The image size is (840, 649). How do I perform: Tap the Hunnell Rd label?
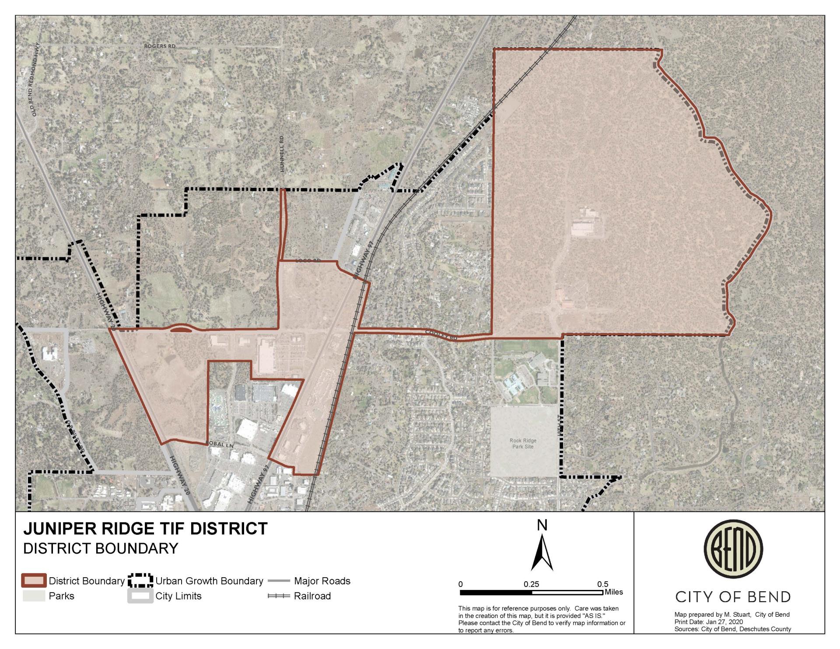282,154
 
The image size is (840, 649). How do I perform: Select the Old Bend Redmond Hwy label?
35,79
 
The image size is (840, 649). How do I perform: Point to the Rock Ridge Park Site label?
523,444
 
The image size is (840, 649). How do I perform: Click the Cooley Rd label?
442,336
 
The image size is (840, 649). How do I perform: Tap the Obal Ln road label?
222,445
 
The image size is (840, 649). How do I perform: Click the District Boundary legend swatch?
34,581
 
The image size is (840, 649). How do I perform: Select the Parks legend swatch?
34,596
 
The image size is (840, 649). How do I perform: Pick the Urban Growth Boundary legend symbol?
140,581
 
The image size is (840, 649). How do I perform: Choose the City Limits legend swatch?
140,596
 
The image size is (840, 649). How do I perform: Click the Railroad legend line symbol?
279,596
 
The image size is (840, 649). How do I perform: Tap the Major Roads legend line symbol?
279,581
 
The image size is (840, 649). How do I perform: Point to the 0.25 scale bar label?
532,584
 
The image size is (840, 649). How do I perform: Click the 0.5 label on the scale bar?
603,584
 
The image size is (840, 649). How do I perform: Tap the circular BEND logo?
733,549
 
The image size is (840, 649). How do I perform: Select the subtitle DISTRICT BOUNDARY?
101,548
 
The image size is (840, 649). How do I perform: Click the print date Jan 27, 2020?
724,622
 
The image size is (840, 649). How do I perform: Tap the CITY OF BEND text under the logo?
733,597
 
